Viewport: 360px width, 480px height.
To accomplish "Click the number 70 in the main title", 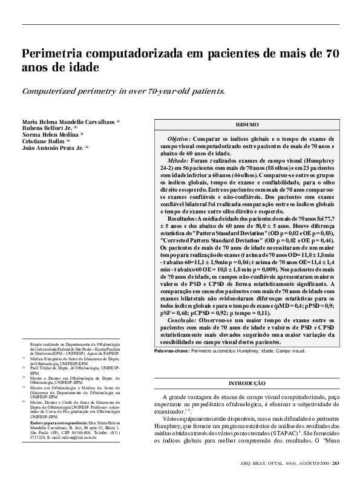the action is pos(332,53).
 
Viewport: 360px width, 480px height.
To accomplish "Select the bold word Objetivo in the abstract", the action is pos(178,138).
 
